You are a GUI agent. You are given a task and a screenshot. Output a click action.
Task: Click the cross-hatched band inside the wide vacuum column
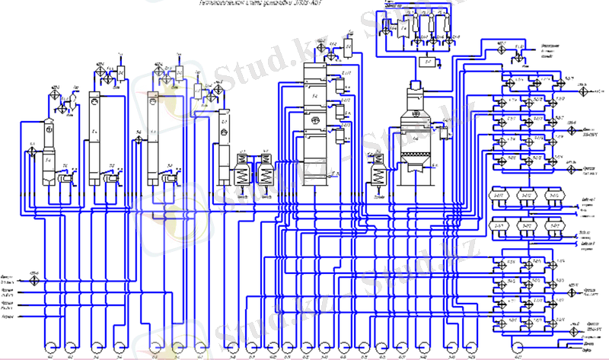point(415,161)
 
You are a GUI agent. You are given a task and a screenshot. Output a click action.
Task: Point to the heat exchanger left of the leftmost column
point(32,151)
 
